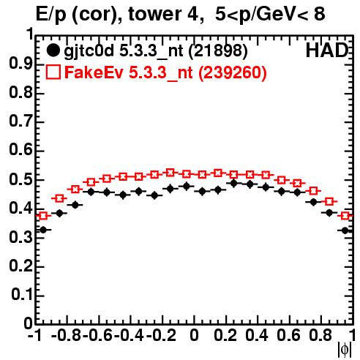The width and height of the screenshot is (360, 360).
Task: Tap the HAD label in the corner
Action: (x=327, y=50)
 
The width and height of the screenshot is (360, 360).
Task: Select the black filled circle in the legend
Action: (x=53, y=50)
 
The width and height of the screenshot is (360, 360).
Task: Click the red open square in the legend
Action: (x=53, y=72)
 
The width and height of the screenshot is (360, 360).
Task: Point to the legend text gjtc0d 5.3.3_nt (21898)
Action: (x=155, y=51)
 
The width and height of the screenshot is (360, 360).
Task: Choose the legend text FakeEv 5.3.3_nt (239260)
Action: (x=165, y=73)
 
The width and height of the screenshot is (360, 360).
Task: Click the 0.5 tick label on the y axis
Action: (x=20, y=180)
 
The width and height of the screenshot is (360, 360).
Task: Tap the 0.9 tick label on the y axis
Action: (x=20, y=64)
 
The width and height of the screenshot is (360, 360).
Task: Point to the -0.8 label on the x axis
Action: (x=67, y=335)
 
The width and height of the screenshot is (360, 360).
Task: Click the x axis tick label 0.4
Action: (x=257, y=335)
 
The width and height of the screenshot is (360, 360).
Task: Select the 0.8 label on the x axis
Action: (x=320, y=335)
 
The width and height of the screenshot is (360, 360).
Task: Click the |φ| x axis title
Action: (x=345, y=350)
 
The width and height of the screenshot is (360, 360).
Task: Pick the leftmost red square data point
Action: (x=43, y=216)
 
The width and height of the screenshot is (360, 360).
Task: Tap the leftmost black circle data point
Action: (x=43, y=230)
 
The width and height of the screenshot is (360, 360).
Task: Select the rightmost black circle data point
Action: (x=345, y=230)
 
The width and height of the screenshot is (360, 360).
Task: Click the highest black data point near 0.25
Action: (x=233, y=183)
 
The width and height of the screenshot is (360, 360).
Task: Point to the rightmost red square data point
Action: (x=345, y=216)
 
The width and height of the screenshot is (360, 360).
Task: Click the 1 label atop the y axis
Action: (x=30, y=34)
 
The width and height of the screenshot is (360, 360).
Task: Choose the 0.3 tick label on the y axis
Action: (x=20, y=237)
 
